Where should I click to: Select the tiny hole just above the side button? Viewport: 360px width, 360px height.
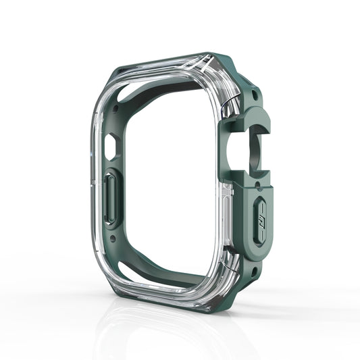(252, 188)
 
